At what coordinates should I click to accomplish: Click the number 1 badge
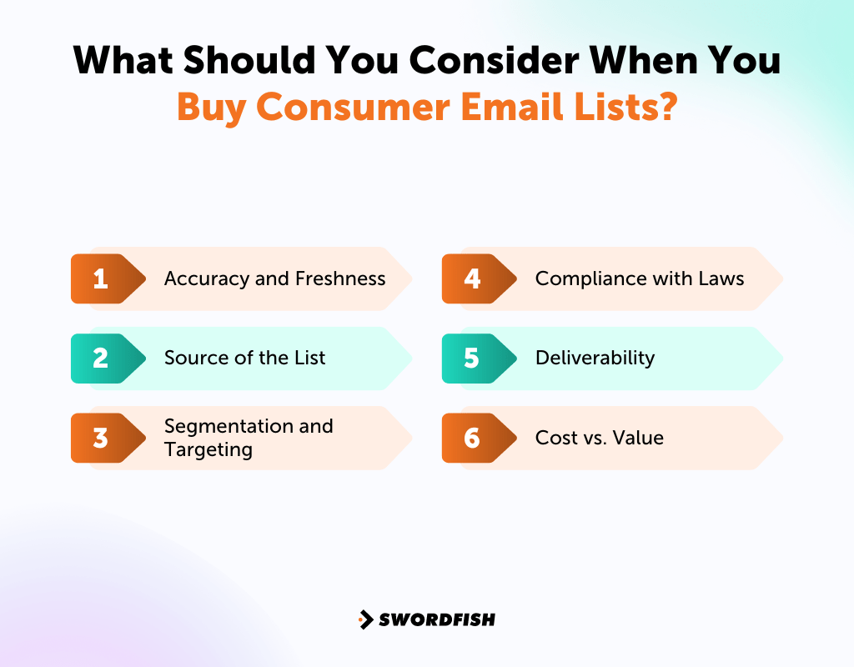pyautogui.click(x=101, y=278)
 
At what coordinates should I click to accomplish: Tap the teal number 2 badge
pyautogui.click(x=101, y=359)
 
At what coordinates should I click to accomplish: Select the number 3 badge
pyautogui.click(x=101, y=438)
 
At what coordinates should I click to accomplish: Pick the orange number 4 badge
pyautogui.click(x=472, y=278)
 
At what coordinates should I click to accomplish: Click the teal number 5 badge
pyautogui.click(x=472, y=359)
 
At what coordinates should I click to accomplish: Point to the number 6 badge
pyautogui.click(x=472, y=438)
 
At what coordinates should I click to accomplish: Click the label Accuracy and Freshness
pyautogui.click(x=274, y=278)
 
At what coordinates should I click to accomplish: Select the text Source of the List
pyautogui.click(x=244, y=359)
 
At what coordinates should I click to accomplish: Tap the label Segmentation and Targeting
pyautogui.click(x=248, y=438)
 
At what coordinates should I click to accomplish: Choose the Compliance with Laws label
pyautogui.click(x=639, y=278)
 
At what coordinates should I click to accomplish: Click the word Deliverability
pyautogui.click(x=595, y=359)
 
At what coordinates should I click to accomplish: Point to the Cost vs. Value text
pyautogui.click(x=599, y=438)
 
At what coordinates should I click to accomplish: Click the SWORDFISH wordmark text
pyautogui.click(x=437, y=619)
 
